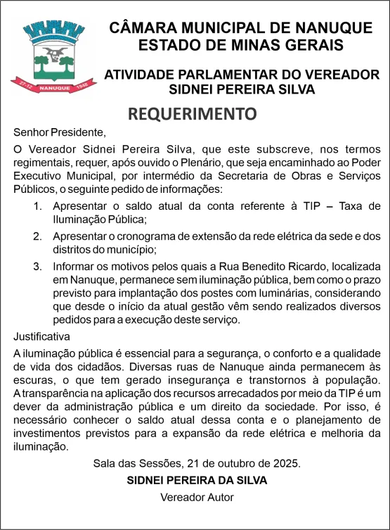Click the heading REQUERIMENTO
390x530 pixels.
193,113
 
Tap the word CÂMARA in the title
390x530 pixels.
141,28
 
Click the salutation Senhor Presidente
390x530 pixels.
59,132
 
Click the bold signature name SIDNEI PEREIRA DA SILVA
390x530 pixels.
196,480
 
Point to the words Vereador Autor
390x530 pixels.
197,497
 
